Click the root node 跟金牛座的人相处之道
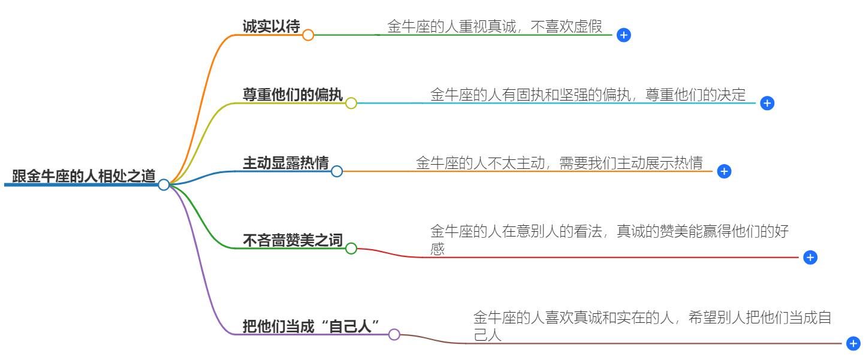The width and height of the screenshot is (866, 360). pos(84,176)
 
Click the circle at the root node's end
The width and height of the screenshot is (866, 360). pos(164,184)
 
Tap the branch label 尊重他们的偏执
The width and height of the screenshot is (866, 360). pos(292,95)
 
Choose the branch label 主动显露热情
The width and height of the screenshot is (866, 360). pos(285,163)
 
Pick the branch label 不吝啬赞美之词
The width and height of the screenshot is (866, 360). pos(292,240)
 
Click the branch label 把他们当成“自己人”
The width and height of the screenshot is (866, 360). pos(312,326)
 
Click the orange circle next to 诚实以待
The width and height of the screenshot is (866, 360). pos(308,35)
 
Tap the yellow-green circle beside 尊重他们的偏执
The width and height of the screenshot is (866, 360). pos(351,103)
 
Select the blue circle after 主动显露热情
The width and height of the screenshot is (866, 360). pos(337,172)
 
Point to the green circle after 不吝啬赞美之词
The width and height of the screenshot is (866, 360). pos(351,249)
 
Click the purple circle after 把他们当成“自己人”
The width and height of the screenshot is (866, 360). pos(394,335)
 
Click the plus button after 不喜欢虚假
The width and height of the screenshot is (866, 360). pos(623,35)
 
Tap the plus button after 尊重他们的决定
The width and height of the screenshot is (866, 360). pos(767,103)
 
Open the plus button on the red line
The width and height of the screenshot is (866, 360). pos(810,258)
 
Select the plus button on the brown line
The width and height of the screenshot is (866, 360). pos(853,344)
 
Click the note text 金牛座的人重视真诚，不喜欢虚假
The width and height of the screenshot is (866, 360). pos(494,26)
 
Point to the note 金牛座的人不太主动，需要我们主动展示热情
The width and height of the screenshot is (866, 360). pos(559,163)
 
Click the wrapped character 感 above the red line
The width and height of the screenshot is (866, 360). pos(437,249)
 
